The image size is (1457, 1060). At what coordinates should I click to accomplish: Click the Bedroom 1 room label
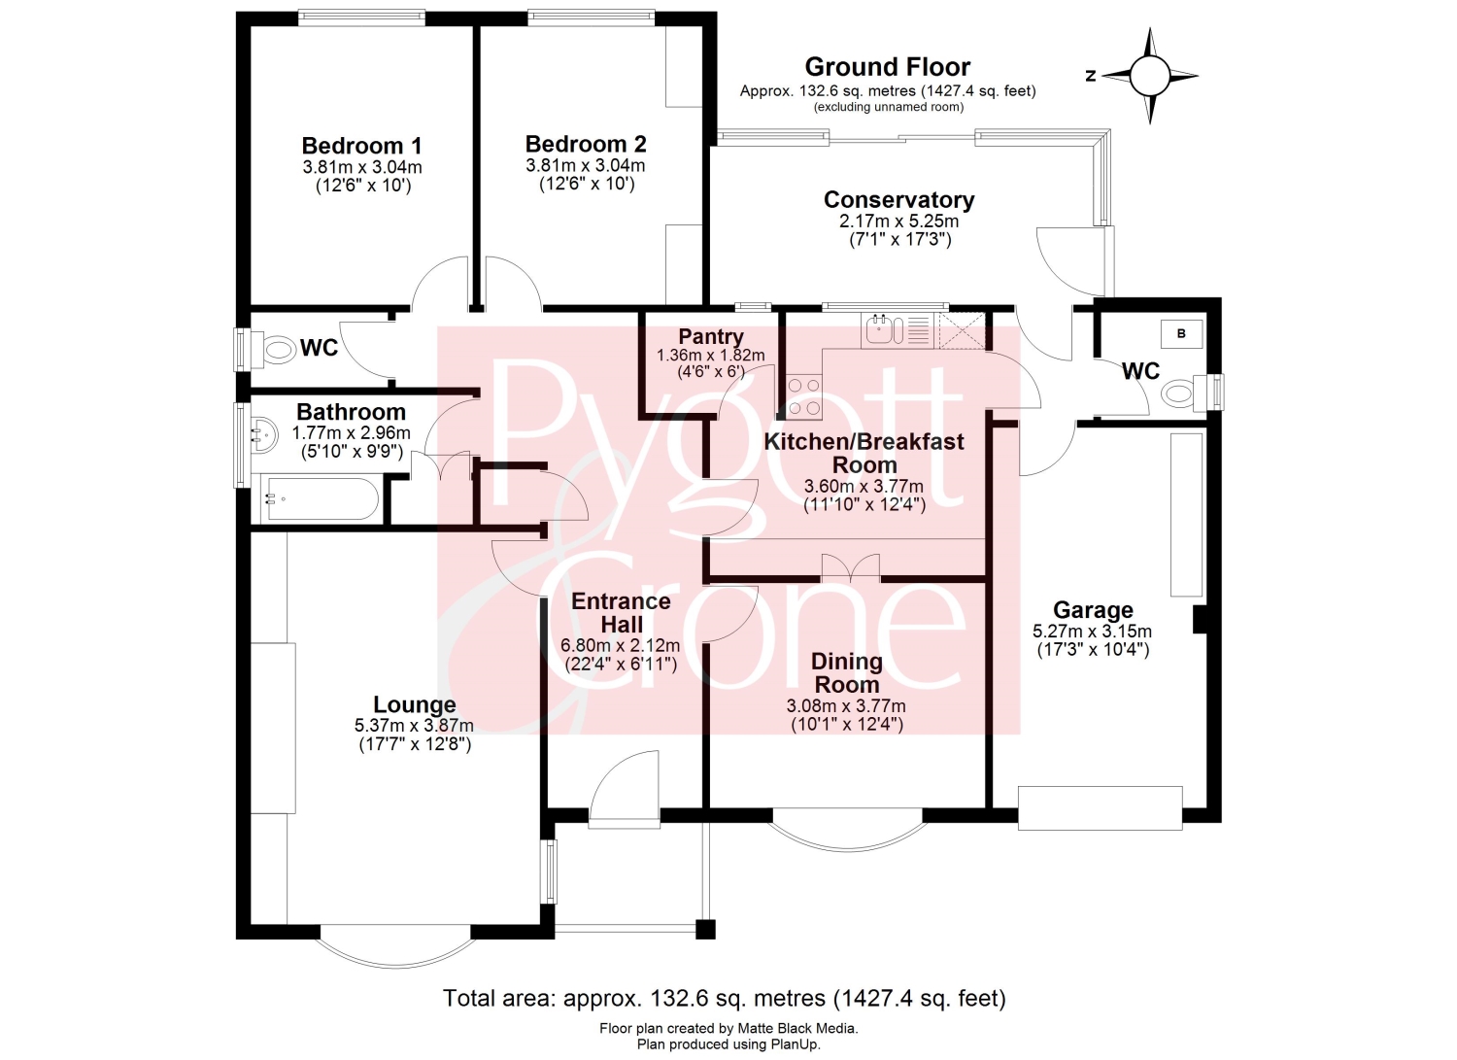pyautogui.click(x=361, y=145)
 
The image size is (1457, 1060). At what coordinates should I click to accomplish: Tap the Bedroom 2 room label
pyautogui.click(x=586, y=144)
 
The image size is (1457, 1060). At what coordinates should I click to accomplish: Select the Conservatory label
pyautogui.click(x=898, y=200)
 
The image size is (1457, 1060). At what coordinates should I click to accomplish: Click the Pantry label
pyautogui.click(x=711, y=336)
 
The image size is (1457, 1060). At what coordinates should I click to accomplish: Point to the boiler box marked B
pyautogui.click(x=1181, y=334)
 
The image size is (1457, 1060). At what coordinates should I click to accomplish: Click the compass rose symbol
pyautogui.click(x=1150, y=76)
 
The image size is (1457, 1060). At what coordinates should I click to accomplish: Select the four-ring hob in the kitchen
pyautogui.click(x=804, y=397)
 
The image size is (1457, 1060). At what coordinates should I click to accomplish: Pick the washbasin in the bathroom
pyautogui.click(x=264, y=434)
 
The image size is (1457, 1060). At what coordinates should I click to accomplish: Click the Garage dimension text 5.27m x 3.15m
pyautogui.click(x=1092, y=632)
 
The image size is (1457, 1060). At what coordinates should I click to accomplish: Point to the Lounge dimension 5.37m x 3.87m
pyautogui.click(x=414, y=725)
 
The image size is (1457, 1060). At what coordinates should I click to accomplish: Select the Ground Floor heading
pyautogui.click(x=887, y=67)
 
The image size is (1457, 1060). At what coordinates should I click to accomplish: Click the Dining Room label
pyautogui.click(x=847, y=673)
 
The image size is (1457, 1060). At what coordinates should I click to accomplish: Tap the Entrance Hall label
pyautogui.click(x=622, y=612)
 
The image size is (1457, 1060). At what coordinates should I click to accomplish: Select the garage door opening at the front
pyautogui.click(x=1100, y=808)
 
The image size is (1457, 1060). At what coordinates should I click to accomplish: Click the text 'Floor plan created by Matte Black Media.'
pyautogui.click(x=728, y=1028)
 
